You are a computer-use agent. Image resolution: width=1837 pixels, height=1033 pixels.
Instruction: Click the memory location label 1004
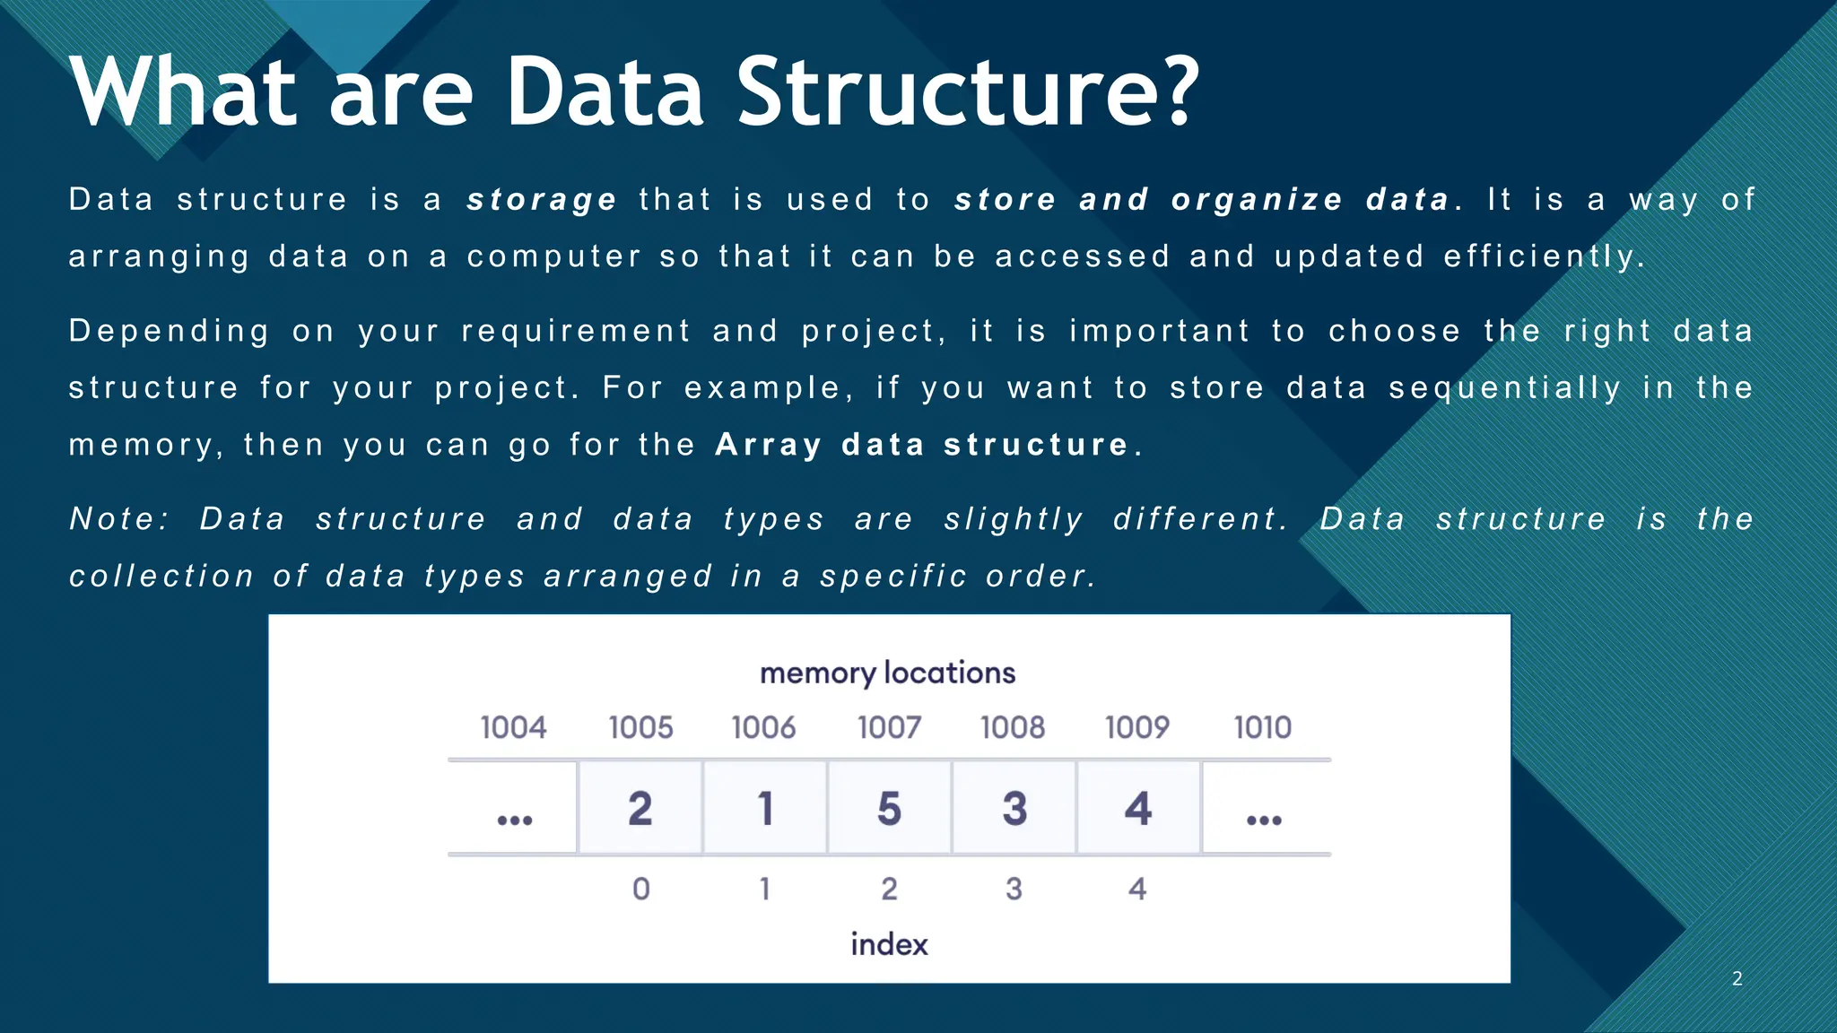point(513,727)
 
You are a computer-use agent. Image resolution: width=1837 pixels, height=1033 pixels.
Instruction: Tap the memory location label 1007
point(889,727)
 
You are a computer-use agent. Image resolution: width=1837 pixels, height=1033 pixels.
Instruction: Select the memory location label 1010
point(1262,727)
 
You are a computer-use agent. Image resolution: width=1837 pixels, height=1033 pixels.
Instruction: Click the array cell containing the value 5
point(889,808)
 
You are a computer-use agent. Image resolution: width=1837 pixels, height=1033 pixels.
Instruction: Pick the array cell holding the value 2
point(640,808)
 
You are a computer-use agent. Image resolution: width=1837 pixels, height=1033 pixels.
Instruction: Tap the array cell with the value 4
point(1138,808)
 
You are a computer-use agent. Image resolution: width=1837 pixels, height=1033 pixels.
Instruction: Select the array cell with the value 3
point(1014,808)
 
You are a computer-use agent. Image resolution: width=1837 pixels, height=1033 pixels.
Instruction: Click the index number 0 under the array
point(640,889)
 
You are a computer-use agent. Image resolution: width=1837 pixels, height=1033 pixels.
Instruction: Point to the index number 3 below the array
point(1014,889)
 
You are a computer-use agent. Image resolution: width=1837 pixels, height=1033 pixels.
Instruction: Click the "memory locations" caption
point(887,673)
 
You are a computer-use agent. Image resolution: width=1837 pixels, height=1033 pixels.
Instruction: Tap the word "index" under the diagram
point(889,944)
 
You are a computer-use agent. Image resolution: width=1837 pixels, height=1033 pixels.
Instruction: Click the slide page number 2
point(1737,978)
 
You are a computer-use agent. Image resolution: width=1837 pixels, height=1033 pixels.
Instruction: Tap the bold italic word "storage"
point(542,200)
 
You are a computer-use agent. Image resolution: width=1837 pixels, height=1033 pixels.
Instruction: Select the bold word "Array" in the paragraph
point(768,445)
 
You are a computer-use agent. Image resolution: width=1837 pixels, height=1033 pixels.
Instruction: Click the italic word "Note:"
point(119,519)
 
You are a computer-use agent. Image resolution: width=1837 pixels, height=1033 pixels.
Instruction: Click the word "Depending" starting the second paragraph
point(169,332)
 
